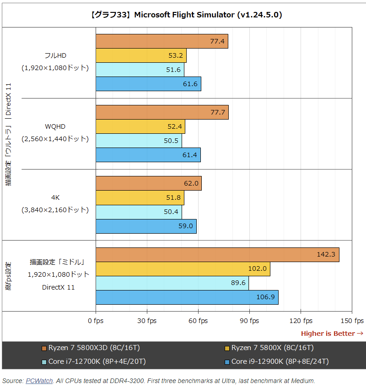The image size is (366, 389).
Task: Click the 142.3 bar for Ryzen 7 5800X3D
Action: (217, 255)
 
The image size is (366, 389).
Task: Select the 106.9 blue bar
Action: (187, 297)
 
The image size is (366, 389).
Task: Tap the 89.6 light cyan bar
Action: (172, 283)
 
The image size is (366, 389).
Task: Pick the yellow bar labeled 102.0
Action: (183, 269)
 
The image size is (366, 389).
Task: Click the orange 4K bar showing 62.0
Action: (149, 183)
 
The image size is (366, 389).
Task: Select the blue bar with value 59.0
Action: (146, 226)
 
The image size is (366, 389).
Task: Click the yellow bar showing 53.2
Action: (141, 55)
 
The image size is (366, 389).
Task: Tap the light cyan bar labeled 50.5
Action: (139, 141)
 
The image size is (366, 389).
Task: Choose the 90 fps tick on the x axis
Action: (250, 321)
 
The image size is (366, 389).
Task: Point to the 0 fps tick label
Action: (96, 321)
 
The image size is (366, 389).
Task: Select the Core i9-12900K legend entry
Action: (280, 362)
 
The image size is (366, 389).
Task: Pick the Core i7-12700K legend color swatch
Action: (44, 362)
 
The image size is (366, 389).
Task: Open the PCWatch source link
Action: (39, 381)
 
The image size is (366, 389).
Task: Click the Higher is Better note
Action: (332, 334)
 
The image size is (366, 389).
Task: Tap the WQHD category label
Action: (55, 126)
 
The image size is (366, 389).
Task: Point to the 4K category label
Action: (55, 197)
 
